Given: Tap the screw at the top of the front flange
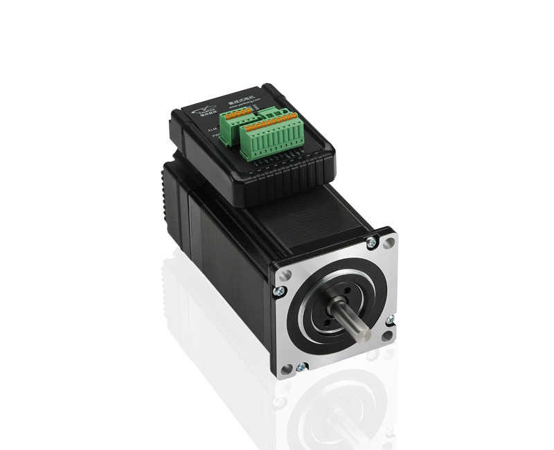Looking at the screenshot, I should coord(372,242).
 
